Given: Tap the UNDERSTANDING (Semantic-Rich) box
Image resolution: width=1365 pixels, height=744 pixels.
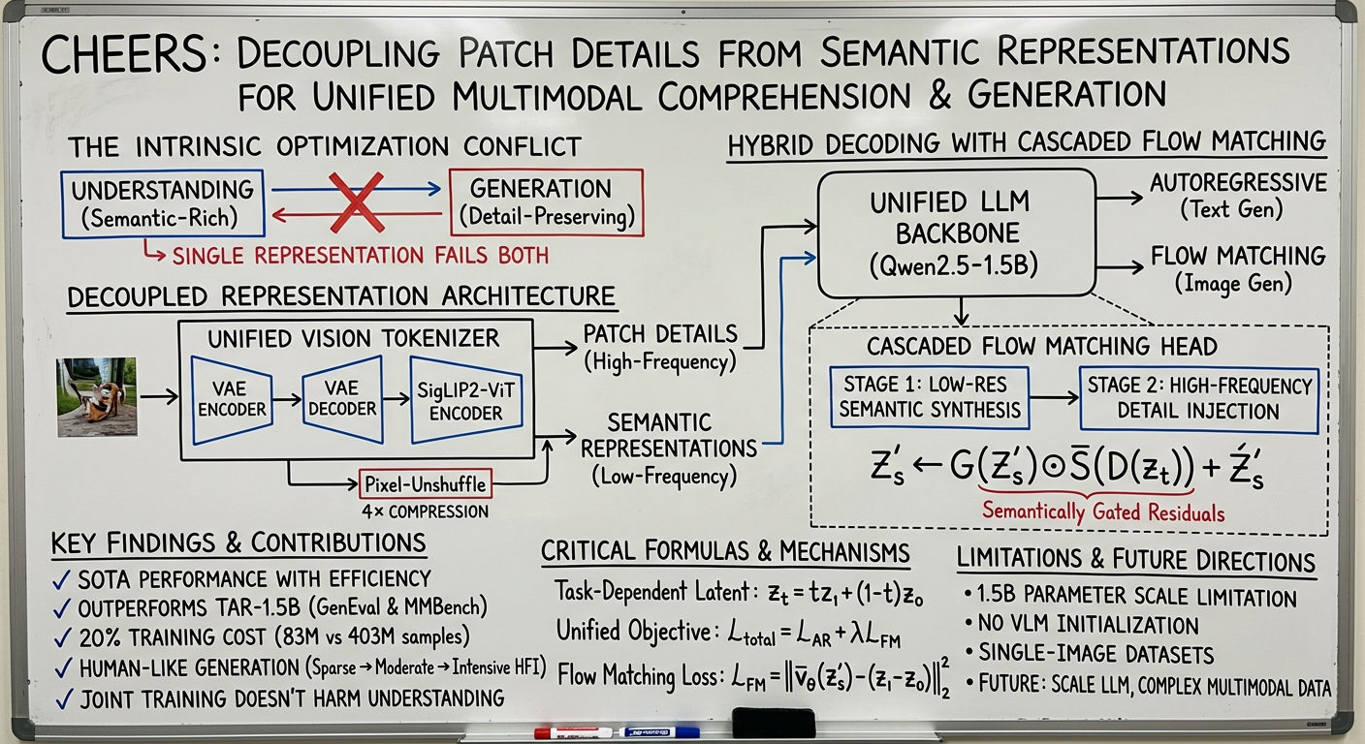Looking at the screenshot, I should click(162, 204).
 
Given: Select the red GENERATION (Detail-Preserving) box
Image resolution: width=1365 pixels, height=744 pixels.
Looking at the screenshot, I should click(546, 203).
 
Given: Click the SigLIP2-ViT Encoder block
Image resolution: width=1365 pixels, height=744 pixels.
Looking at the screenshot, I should click(466, 400).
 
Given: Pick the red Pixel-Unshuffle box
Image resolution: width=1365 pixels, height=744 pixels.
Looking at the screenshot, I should click(425, 482).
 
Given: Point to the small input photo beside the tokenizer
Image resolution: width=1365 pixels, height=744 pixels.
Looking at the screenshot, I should click(97, 396).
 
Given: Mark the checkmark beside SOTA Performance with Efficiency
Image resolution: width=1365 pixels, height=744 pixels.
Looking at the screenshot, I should click(62, 580).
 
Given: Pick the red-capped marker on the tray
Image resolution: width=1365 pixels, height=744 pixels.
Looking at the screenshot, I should click(573, 732).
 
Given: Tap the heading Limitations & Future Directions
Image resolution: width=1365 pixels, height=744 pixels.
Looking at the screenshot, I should click(1135, 562).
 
